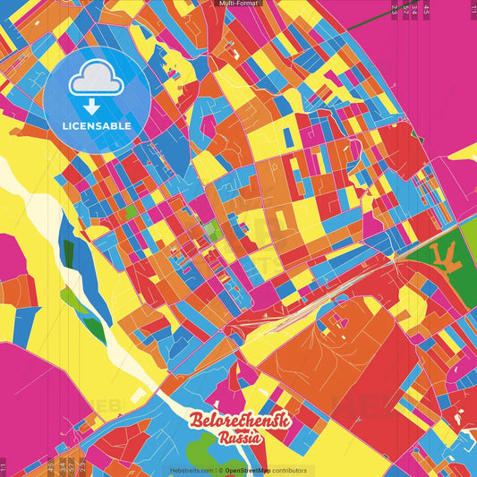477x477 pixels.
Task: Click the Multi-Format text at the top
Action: [238, 4]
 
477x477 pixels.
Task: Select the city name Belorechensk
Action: [237, 422]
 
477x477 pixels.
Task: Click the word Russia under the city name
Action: [239, 439]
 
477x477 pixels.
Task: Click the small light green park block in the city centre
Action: [212, 232]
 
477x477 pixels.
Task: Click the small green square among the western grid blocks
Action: [131, 212]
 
